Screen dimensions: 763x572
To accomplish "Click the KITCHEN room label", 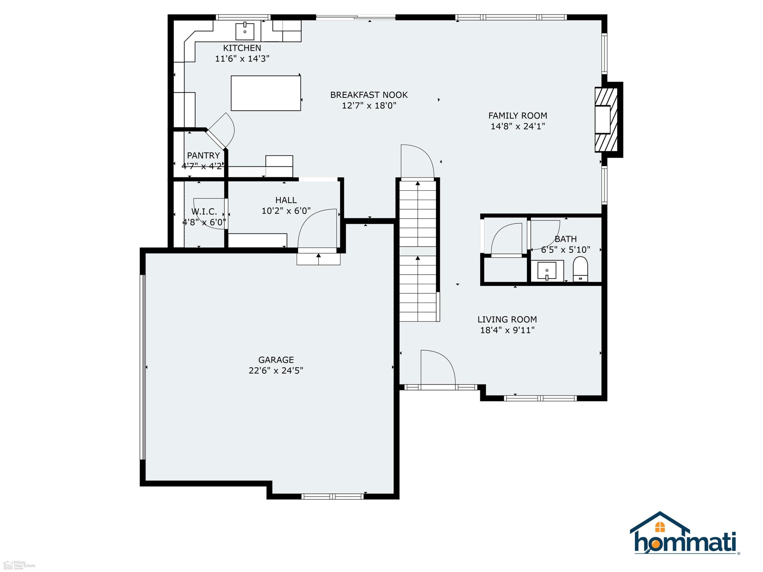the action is pos(242,48).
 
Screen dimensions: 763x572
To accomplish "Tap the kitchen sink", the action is pos(245,31).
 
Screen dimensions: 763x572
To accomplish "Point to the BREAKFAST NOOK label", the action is pos(369,95).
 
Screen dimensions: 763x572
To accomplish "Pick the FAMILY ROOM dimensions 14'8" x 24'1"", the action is pos(518,126).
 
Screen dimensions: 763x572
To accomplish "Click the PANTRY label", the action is pos(203,156).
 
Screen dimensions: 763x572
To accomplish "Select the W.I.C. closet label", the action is pos(204,211).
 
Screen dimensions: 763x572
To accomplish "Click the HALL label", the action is pos(286,200).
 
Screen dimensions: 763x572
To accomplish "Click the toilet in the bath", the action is pos(580,269).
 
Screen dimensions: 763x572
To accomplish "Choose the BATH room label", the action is pos(565,239).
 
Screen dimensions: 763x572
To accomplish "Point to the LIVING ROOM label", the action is pos(507,320).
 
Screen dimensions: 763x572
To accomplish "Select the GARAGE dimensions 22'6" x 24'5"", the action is pos(276,371).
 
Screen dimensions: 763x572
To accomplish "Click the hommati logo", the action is pos(685,534).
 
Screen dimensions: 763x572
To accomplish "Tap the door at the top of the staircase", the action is pos(417,162).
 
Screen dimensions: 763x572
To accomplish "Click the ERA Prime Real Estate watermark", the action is pos(19,564).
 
